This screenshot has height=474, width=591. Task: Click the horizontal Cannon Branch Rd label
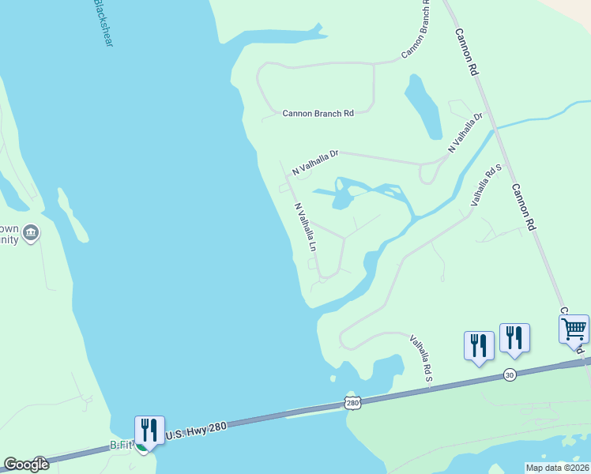point(318,114)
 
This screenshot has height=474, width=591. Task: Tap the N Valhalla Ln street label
point(305,228)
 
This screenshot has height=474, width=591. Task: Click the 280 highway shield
point(352,404)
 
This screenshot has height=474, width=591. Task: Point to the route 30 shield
point(509,374)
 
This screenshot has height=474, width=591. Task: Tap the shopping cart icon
point(574,327)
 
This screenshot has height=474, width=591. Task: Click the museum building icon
point(31,233)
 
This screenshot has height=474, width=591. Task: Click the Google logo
point(26,465)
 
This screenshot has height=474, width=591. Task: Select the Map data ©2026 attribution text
point(557,468)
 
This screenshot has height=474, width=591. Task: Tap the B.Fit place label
point(121,446)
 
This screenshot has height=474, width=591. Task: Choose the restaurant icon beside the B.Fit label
point(149,430)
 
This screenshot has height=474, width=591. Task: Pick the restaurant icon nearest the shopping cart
point(514,337)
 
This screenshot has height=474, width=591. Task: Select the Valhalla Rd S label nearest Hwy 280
point(421,359)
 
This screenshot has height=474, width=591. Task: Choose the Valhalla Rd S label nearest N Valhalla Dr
point(487,185)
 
